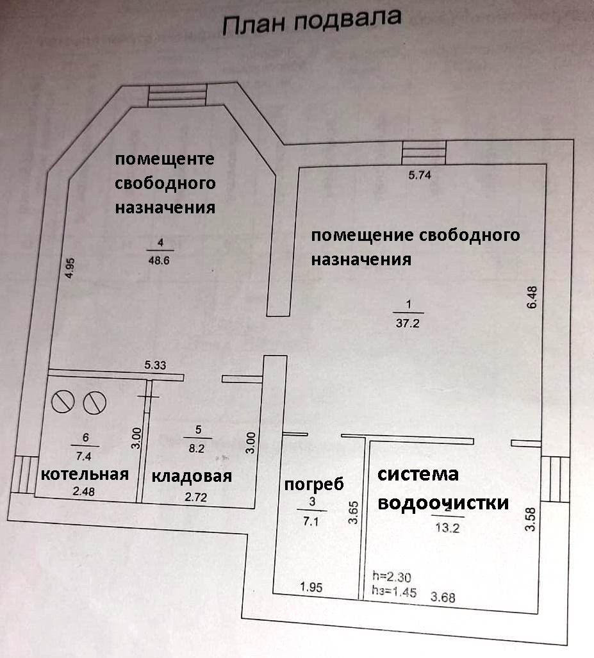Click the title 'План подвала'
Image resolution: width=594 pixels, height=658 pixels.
(x=311, y=24)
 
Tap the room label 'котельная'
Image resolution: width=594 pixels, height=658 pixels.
(x=85, y=474)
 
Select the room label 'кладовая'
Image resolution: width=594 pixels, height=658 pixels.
(x=191, y=476)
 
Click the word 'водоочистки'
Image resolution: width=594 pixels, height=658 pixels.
(x=443, y=502)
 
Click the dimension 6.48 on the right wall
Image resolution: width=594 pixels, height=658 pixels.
(x=532, y=298)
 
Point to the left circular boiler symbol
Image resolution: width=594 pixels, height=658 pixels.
(x=63, y=402)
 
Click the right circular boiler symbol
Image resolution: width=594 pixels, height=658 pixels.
(x=94, y=402)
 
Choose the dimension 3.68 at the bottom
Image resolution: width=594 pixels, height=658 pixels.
(x=443, y=598)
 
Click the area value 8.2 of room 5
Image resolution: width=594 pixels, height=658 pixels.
(x=197, y=448)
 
